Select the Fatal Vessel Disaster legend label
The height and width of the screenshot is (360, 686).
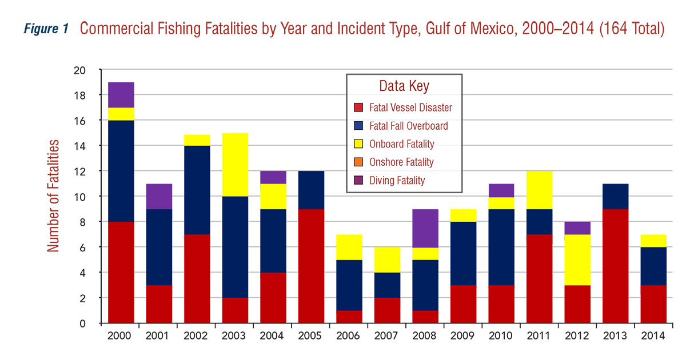[x=410, y=107]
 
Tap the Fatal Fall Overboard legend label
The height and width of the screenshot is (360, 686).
[x=408, y=126]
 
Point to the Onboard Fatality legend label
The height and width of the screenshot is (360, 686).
[x=401, y=144]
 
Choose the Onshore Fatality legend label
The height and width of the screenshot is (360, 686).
[x=401, y=162]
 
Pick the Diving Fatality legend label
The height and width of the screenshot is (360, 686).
[x=397, y=181]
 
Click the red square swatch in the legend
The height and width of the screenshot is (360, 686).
[x=358, y=107]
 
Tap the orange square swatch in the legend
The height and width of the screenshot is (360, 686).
[x=358, y=162]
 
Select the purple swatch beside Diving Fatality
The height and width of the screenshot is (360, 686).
[x=358, y=181]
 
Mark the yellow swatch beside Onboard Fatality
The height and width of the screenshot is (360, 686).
[x=358, y=144]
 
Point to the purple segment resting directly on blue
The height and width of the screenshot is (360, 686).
[x=159, y=193]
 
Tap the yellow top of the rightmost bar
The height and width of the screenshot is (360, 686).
[x=653, y=238]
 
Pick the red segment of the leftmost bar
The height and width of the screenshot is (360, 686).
[x=123, y=271]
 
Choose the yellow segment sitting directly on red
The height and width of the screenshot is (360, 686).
[x=577, y=259]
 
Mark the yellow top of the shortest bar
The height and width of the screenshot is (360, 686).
[x=386, y=260]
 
